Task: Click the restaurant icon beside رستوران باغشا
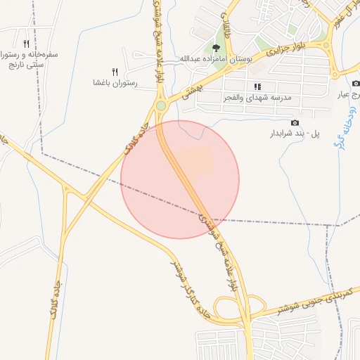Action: click(115, 71)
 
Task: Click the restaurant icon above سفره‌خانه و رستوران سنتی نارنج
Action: click(26, 42)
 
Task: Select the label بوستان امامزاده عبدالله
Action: click(215, 58)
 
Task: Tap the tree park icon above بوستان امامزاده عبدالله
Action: click(215, 47)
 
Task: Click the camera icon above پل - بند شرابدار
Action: click(294, 122)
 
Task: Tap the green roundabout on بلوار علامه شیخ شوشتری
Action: click(161, 106)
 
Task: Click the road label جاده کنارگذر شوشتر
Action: click(188, 288)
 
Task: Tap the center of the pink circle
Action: click(180, 179)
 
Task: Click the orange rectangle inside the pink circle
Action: click(195, 160)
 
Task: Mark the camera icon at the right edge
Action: click(356, 84)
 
